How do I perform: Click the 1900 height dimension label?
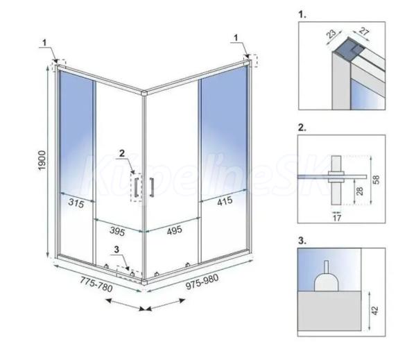[42, 160]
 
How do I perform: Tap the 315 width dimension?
[76, 203]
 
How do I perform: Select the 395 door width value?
[117, 231]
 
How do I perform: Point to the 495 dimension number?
[175, 230]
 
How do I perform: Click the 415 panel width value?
[225, 201]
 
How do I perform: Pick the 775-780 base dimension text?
[96, 284]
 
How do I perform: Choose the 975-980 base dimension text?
[202, 282]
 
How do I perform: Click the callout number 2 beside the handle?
[122, 153]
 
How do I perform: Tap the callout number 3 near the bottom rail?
[116, 249]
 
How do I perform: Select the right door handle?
[152, 187]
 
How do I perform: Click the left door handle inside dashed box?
[137, 187]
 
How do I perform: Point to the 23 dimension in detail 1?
[331, 34]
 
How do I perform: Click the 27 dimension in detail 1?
[364, 31]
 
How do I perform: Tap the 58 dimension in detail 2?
[376, 180]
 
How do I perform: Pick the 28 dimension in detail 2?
[359, 191]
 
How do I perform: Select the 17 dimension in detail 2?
[337, 218]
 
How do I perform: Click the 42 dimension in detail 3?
[374, 310]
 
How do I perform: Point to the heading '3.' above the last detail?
[302, 241]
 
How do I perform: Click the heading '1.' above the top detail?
[302, 15]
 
